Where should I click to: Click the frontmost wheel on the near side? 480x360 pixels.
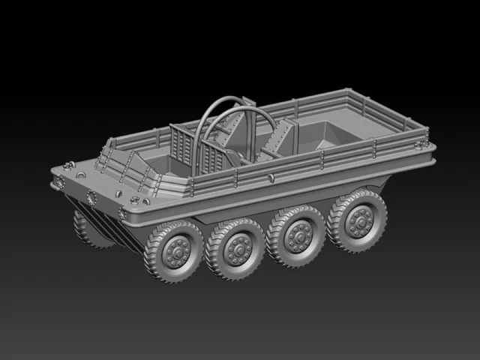pyautogui.click(x=174, y=252)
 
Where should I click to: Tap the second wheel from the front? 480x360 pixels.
pyautogui.click(x=235, y=247)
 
